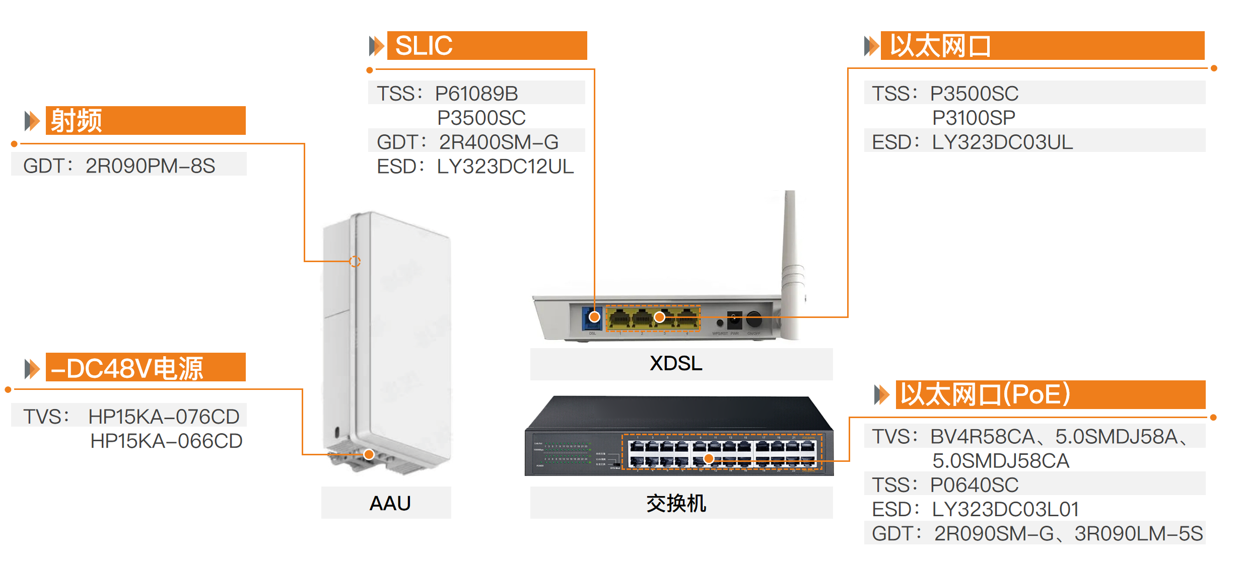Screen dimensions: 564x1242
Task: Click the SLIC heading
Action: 424,46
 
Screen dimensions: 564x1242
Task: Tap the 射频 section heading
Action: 77,121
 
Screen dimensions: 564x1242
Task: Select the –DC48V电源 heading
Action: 127,368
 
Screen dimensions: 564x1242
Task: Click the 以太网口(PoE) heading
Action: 985,394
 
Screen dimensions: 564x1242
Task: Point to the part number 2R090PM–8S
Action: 150,166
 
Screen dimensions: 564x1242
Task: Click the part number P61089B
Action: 476,94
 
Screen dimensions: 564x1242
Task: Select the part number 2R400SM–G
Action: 498,142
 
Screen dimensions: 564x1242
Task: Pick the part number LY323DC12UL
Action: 505,167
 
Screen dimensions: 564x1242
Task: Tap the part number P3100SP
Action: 973,118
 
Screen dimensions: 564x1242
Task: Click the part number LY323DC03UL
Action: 1002,142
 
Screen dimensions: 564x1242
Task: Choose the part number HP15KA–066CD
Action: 166,441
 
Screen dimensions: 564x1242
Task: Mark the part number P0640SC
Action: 974,485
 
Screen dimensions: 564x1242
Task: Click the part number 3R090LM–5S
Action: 1138,534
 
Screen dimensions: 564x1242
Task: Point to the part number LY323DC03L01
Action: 1005,509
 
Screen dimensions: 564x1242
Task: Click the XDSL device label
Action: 675,363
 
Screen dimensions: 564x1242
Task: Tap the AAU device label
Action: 390,503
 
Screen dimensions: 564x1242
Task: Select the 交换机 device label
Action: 676,503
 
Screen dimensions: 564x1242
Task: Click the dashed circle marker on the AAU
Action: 355,262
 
